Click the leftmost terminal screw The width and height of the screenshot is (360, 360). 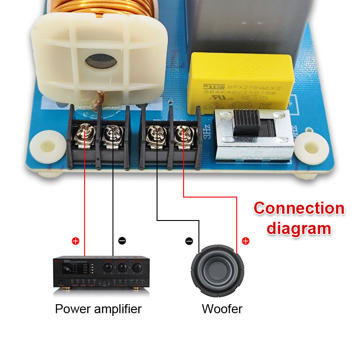click(x=84, y=133)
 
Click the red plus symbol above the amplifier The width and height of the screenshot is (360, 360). click(x=76, y=241)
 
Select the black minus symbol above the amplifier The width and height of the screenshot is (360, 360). click(x=122, y=241)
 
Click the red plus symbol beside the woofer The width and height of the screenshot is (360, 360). click(x=246, y=241)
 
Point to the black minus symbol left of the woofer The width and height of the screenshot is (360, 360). click(x=189, y=241)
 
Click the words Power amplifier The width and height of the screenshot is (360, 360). click(x=98, y=309)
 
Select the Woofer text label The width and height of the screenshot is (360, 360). click(x=222, y=309)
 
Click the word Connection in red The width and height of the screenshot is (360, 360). click(x=299, y=209)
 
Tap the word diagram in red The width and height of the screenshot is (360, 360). click(x=299, y=228)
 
